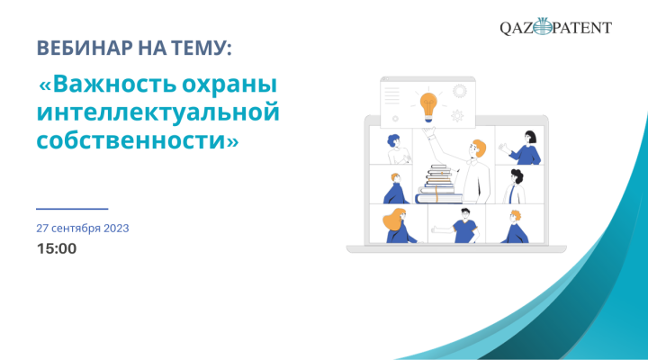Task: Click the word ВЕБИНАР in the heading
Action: coord(85,48)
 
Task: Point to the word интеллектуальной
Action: coord(158,112)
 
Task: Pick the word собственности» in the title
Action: coord(138,140)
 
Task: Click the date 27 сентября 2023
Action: coord(83,229)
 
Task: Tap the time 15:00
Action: coord(57,248)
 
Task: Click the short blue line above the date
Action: coord(72,209)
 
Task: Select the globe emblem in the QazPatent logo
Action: coord(543,27)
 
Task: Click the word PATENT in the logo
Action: coord(582,28)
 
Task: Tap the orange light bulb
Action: coord(428,107)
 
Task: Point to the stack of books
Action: coord(438,184)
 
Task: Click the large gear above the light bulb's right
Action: coord(460,91)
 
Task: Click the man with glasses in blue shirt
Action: coord(463,226)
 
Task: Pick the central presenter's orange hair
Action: coord(480,148)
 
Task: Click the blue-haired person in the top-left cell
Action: coord(398,149)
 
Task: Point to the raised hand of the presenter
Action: coord(428,132)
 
